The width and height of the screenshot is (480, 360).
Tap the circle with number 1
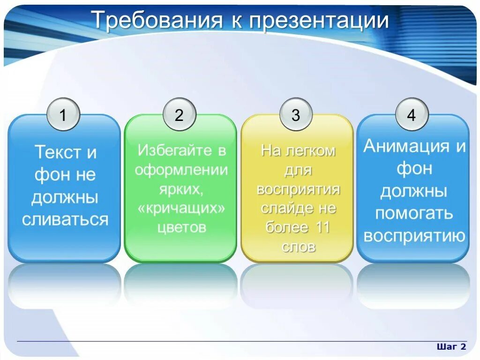tap(63, 115)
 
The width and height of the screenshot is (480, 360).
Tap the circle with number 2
tap(179, 115)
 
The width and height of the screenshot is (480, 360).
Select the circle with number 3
tap(295, 115)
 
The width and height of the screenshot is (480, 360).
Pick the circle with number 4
tap(412, 115)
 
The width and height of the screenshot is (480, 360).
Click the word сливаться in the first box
tap(65, 219)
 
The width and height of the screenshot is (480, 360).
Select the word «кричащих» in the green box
tap(181, 208)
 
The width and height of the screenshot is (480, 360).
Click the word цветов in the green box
tap(181, 227)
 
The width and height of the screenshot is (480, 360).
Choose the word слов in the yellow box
tap(299, 247)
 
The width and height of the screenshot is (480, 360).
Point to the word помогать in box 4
tap(414, 213)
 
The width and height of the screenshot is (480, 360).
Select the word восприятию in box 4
tap(414, 236)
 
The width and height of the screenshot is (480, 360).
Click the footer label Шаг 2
tap(451, 347)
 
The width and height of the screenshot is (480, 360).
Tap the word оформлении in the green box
tap(181, 170)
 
